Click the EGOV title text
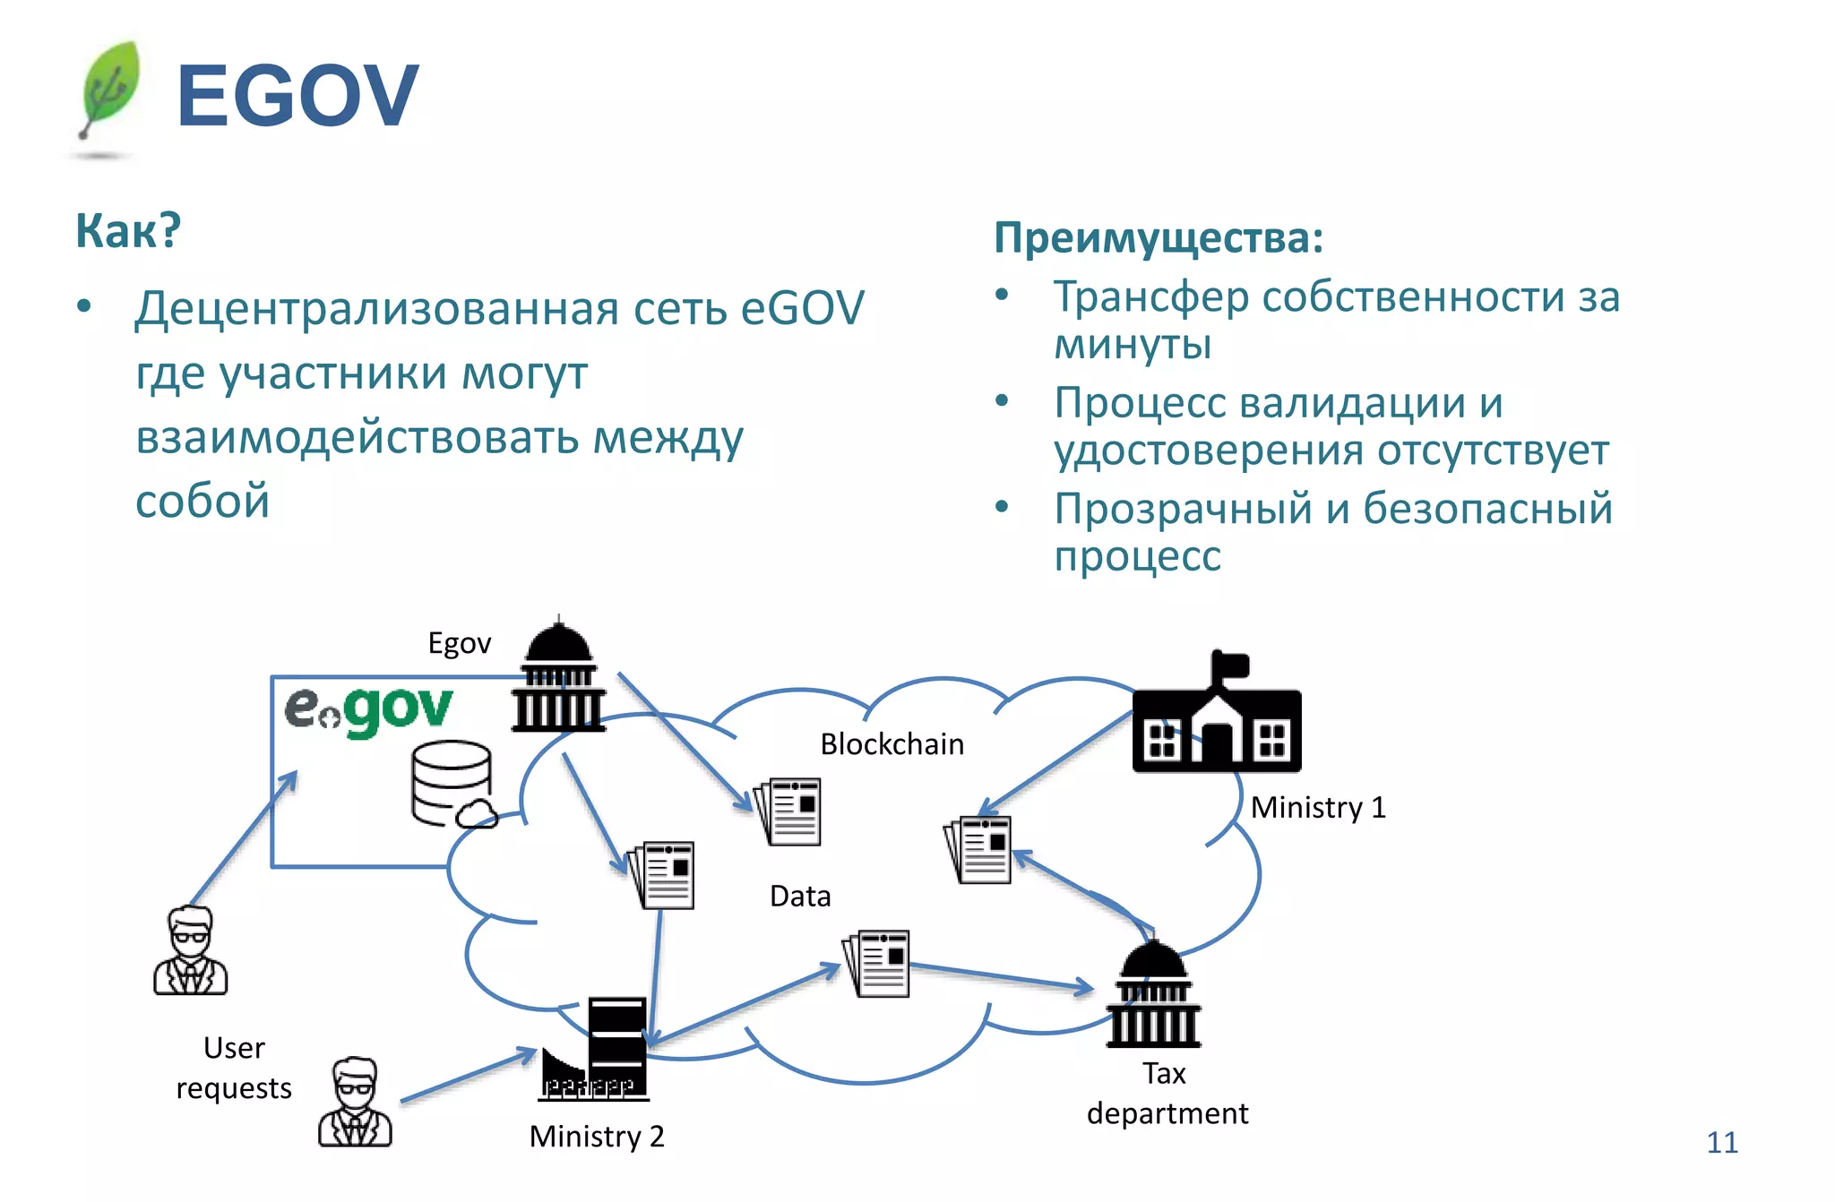coord(297,96)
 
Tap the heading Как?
coord(128,230)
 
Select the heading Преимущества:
coord(1158,238)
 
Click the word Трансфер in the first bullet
coord(1150,297)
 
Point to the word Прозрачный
coord(1181,509)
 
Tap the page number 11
coord(1721,1142)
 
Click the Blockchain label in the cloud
coord(892,744)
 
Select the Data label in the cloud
coord(799,896)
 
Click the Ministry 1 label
coord(1317,807)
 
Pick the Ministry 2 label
coord(597,1136)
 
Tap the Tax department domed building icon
coord(1154,994)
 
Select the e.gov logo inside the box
coord(369,710)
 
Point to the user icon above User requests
coord(190,951)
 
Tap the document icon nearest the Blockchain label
coord(789,811)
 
